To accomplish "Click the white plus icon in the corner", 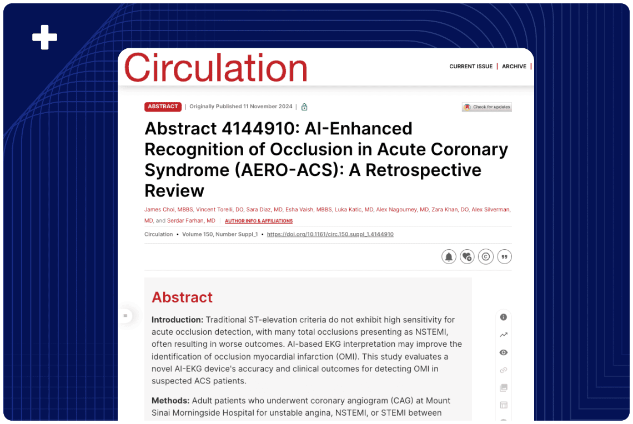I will pos(44,37).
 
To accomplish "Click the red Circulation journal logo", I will pos(215,68).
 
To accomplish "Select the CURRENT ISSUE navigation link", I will pos(471,67).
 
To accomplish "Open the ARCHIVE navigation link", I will pos(514,67).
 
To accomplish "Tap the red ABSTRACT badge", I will pos(163,107).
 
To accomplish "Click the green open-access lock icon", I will pos(304,107).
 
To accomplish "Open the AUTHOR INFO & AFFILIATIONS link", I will pos(259,221).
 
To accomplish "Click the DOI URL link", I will pos(330,234).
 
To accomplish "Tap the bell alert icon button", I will pos(449,256).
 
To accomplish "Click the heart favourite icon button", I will pos(467,256).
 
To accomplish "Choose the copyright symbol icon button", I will pos(486,256).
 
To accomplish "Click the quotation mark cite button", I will pos(504,256).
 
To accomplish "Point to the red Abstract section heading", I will pos(182,297).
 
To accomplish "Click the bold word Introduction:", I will pos(177,320).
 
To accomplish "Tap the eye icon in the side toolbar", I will pos(504,352).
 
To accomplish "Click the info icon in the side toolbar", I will pos(504,317).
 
